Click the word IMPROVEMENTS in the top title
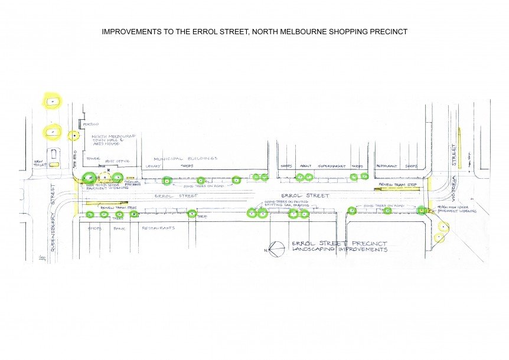click(131, 31)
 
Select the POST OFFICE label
click(116, 161)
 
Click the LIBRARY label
click(153, 166)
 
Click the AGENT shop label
click(306, 166)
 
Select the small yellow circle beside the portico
click(74, 136)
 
